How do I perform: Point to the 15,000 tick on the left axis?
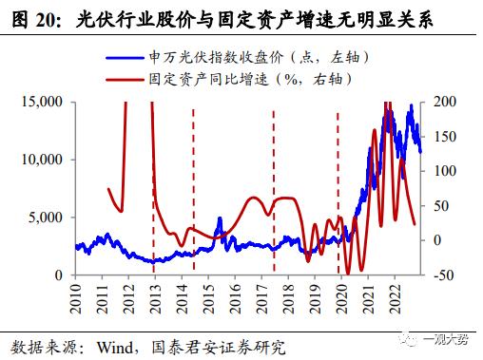tap(42, 101)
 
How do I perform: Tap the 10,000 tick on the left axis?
tap(42, 159)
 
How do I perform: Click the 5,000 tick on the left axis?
tap(46, 218)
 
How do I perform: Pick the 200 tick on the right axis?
tap(442, 101)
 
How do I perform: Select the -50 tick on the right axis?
tap(442, 275)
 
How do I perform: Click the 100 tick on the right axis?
tap(442, 171)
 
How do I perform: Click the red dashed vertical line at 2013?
tap(154, 190)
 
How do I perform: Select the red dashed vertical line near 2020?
tap(338, 190)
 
